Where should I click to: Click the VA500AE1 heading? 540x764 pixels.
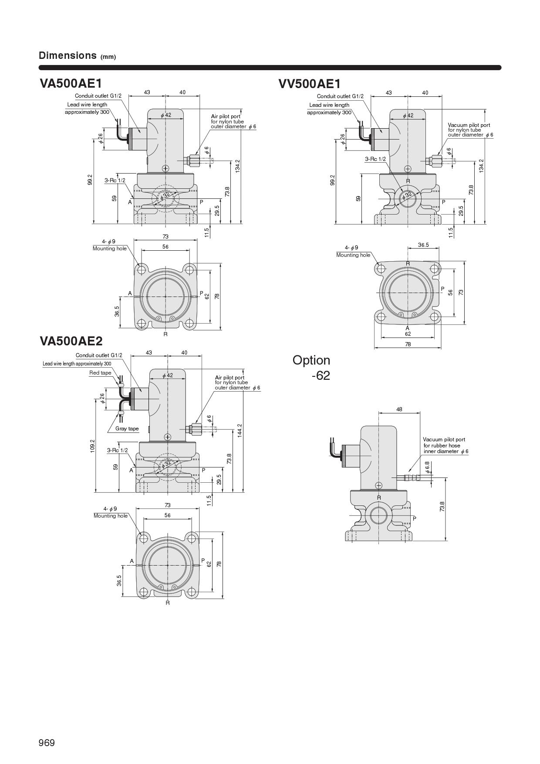[71, 83]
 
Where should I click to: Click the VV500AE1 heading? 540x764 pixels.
[310, 83]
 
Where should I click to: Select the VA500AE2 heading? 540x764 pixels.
[71, 341]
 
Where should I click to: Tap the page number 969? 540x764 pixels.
[47, 743]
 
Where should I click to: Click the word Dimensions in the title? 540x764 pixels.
[67, 55]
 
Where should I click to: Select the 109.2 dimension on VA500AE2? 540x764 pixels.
[92, 446]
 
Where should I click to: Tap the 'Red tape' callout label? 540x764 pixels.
[100, 373]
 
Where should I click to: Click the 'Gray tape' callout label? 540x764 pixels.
[127, 429]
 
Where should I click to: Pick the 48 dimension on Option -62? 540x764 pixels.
[399, 409]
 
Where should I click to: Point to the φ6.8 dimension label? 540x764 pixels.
[428, 467]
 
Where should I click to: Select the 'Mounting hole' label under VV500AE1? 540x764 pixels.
[353, 255]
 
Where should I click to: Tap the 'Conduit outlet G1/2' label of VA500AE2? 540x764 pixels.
[99, 355]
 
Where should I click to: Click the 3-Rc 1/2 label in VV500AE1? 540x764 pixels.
[375, 159]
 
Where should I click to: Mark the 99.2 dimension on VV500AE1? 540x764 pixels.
[333, 179]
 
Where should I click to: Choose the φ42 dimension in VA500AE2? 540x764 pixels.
[168, 375]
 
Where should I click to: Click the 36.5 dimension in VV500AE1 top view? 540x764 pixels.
[423, 245]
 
